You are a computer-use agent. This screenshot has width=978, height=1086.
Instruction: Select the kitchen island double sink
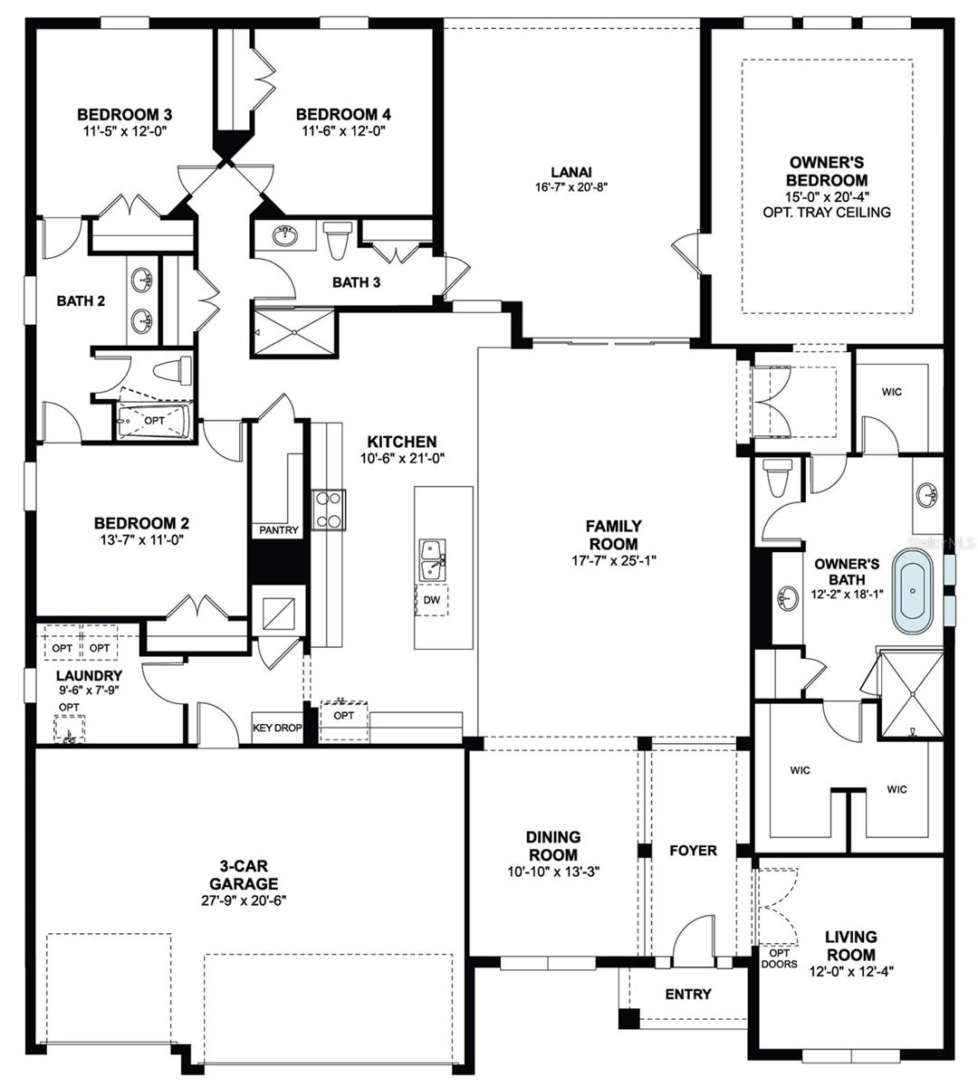tap(432, 560)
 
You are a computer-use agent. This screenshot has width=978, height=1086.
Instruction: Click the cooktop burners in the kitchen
tap(328, 509)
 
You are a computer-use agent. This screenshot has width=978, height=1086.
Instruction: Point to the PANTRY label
tap(278, 530)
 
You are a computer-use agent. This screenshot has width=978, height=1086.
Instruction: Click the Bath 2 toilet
tap(172, 371)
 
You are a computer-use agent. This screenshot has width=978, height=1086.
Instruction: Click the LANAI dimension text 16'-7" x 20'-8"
tap(570, 187)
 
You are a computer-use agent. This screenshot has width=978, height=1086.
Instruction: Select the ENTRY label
tap(688, 994)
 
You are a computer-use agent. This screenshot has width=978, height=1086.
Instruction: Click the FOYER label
tap(693, 851)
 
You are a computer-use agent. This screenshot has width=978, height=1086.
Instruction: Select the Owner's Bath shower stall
tap(909, 692)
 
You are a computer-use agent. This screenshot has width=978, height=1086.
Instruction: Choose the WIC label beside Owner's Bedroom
tap(892, 393)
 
